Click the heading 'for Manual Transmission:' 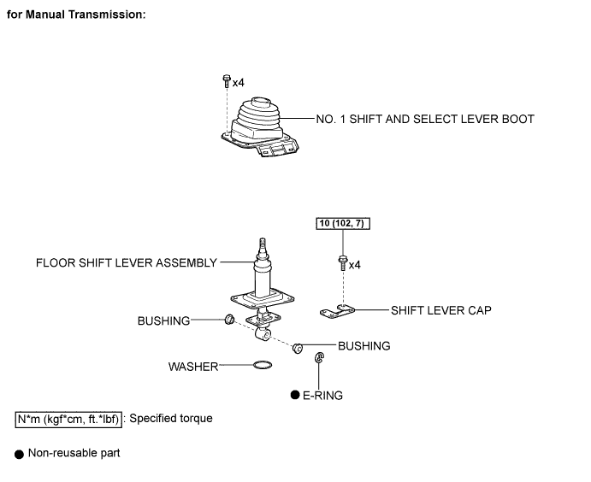(76, 15)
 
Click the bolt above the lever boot (227, 81)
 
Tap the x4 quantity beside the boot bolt (239, 83)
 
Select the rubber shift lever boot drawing (260, 127)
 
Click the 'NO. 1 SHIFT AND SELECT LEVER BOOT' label (425, 119)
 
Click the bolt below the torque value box (343, 263)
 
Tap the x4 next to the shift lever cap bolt (355, 265)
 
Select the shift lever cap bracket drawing (337, 311)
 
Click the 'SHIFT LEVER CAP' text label (441, 310)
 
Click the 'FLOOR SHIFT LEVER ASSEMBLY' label (127, 262)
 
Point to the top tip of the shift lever (263, 238)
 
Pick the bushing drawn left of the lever (229, 320)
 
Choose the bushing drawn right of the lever (298, 349)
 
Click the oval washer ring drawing (263, 365)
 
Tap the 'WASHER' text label (193, 367)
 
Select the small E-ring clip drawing (319, 358)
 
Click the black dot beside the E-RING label (295, 395)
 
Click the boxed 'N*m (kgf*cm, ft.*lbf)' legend (68, 420)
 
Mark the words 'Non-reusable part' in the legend (74, 453)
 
